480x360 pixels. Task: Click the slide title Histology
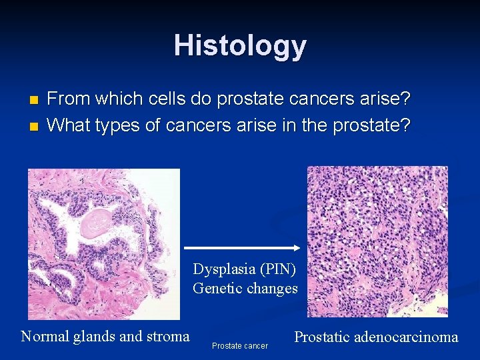240,46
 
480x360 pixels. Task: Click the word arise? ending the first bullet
386,99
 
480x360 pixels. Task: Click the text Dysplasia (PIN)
245,269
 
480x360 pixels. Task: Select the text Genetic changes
245,288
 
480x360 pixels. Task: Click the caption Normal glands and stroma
105,336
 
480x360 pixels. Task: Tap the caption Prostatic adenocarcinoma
376,337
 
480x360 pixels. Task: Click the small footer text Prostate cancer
240,346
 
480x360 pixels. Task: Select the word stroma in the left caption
169,336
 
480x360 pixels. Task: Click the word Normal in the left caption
45,336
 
